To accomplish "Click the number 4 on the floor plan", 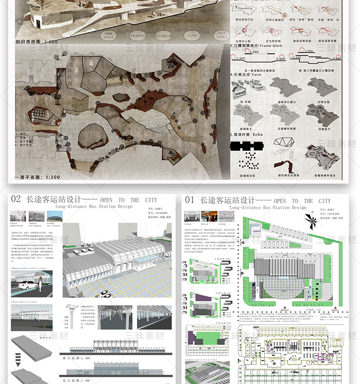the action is [91, 63].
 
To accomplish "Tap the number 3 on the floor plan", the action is [76, 70].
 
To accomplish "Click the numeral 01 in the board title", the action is [190, 200].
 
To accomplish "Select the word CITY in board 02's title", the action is [150, 200].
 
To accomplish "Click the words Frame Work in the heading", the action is [271, 46].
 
